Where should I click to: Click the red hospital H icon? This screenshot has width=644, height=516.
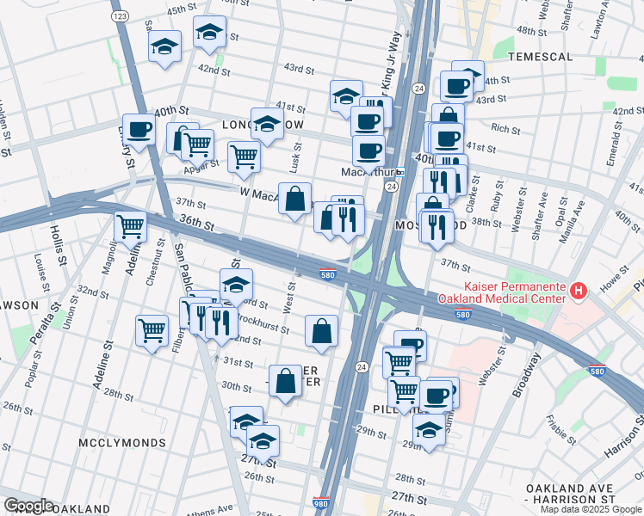(579, 292)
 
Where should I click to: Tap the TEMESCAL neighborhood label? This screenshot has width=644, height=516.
(540, 57)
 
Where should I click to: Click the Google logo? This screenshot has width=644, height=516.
(28, 506)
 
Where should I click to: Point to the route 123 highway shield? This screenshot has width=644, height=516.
(120, 16)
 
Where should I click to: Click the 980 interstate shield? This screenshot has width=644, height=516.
(320, 504)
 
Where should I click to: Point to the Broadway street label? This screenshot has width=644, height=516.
(527, 374)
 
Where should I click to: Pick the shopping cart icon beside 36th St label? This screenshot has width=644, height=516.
(130, 227)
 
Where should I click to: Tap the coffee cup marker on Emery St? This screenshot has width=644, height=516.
(138, 131)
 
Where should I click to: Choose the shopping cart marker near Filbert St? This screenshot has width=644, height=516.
(152, 329)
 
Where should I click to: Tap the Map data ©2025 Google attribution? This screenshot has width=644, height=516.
(591, 509)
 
